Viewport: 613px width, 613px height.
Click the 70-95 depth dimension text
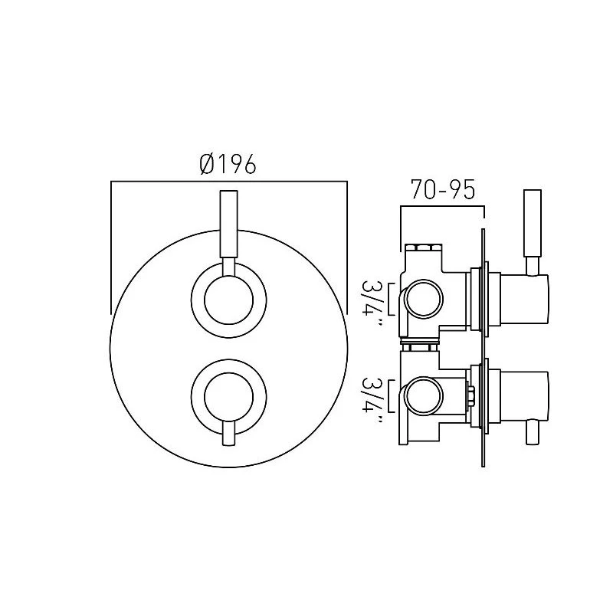(443, 190)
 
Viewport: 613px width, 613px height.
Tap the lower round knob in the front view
(228, 396)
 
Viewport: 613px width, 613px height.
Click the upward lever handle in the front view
(228, 226)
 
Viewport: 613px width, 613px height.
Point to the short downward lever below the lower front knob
(228, 435)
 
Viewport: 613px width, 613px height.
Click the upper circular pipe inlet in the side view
(421, 298)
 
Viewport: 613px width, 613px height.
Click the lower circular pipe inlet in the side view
(421, 396)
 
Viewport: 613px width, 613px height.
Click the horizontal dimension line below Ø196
(228, 182)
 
